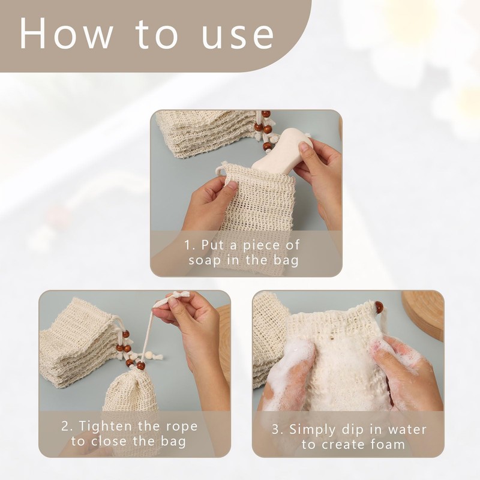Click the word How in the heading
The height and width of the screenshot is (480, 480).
pos(66,34)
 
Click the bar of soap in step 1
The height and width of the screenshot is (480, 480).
pos(282,149)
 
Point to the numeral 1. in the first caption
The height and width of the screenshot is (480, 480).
pos(190,245)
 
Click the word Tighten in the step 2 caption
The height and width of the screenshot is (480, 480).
pos(106,427)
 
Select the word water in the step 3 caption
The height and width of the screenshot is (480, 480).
pos(407,430)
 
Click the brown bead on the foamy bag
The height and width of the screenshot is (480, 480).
pos(379,307)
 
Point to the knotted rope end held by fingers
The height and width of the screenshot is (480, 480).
pos(178,296)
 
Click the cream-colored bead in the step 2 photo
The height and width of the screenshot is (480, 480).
pos(149,355)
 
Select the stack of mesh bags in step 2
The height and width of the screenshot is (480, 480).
pos(80,341)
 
